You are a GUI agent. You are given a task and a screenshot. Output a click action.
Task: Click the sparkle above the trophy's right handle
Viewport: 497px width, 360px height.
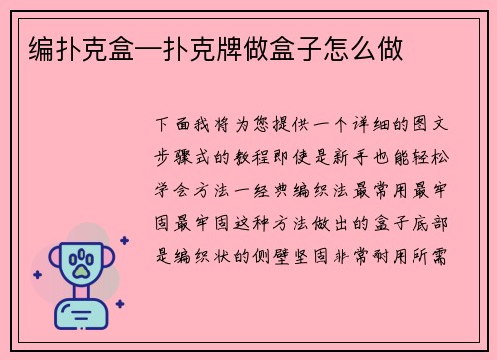[125, 240]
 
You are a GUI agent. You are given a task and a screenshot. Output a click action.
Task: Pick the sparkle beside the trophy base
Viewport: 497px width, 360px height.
[119, 303]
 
